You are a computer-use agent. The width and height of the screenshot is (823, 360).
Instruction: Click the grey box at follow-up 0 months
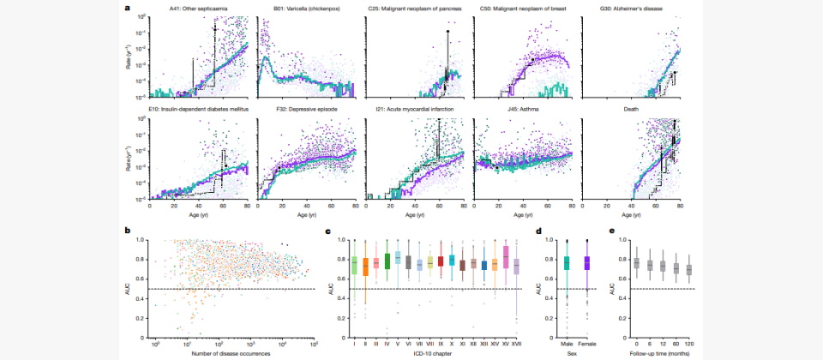coord(636,263)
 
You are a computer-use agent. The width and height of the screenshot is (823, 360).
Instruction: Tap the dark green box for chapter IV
coord(387,261)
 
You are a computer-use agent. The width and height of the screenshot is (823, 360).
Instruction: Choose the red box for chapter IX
coord(441,261)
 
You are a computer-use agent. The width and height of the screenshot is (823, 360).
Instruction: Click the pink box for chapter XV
coord(506,257)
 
